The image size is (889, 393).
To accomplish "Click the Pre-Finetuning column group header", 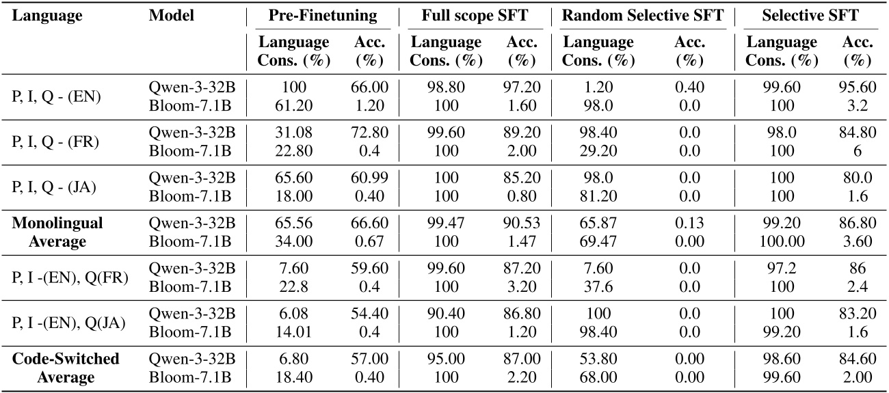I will point(323,16).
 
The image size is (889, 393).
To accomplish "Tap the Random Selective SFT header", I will point(642,16).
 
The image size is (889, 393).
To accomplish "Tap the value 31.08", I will point(293,134).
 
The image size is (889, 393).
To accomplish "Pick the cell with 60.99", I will point(370,179).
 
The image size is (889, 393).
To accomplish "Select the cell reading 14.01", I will point(293,332).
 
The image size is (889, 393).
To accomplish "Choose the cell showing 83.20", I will point(858,314).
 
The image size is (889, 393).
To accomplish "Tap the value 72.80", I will point(370,134).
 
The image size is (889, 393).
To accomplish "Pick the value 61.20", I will point(293,105).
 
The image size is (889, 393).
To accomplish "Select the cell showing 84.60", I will point(858,360).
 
